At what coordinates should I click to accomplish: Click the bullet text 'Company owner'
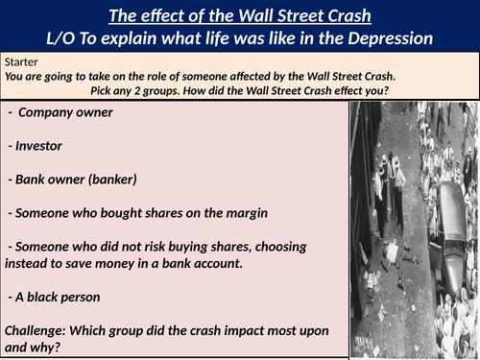[x=65, y=112]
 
